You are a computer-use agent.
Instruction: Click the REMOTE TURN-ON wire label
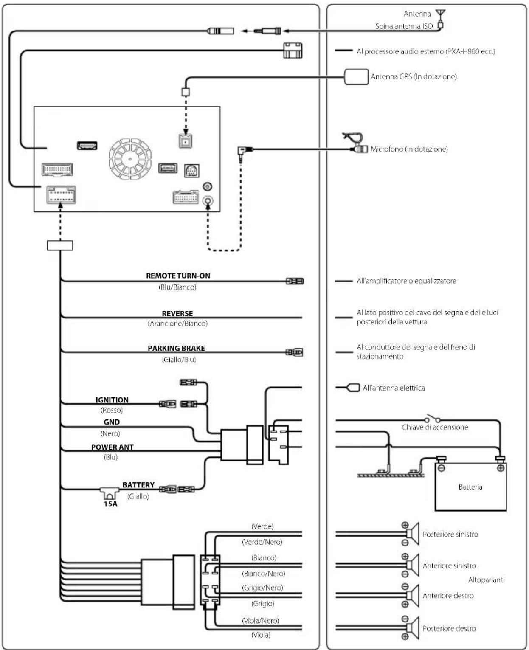tap(178, 276)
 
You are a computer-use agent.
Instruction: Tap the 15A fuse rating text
tap(110, 504)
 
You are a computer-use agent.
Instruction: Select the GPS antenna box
tap(356, 76)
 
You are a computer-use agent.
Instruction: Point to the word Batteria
tap(470, 487)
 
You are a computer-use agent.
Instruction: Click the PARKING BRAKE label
tap(176, 348)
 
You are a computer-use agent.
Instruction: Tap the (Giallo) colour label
tap(138, 496)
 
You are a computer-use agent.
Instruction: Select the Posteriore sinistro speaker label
tap(450, 535)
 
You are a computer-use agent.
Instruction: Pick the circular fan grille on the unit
tap(130, 159)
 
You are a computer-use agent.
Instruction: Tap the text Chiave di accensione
tap(435, 427)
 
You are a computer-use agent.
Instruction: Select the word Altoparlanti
tap(486, 580)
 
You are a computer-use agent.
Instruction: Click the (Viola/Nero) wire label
tap(261, 620)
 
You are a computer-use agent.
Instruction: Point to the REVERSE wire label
tap(177, 313)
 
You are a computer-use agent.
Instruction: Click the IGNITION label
tap(112, 400)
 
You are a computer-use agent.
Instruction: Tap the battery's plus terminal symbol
tap(500, 468)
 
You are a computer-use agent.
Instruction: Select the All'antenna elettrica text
tap(394, 388)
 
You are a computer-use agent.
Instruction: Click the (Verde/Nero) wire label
tap(262, 542)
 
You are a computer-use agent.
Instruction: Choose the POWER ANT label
tap(112, 447)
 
